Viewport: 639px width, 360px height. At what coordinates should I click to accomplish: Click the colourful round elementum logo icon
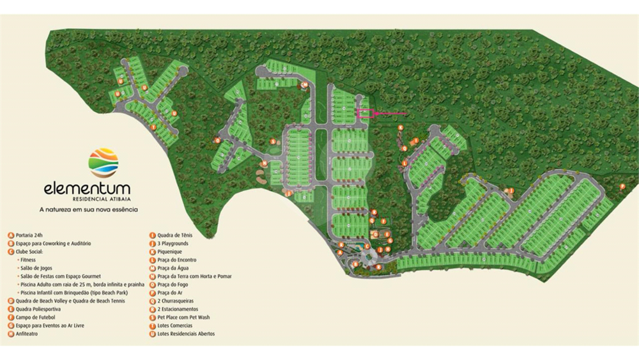point(104,162)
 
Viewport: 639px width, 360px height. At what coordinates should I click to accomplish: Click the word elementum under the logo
point(87,189)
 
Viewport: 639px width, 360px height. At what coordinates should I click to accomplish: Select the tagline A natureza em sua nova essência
point(89,209)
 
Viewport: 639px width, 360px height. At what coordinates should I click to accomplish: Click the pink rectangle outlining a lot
point(364,114)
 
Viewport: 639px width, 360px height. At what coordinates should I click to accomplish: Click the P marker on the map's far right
point(622,186)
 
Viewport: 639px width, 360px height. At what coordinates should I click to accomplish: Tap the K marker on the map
point(401,128)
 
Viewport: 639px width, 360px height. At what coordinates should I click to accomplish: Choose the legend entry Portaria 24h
point(29,235)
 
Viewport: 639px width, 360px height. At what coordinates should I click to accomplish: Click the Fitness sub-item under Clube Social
point(28,260)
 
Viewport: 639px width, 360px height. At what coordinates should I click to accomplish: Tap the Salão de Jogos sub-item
point(36,268)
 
